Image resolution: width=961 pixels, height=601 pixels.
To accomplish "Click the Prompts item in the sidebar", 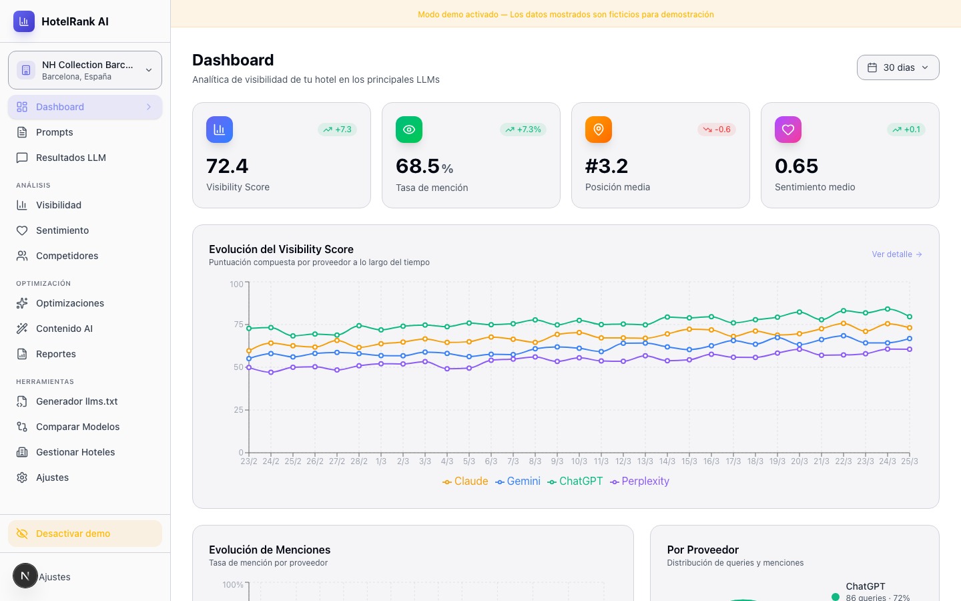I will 54,132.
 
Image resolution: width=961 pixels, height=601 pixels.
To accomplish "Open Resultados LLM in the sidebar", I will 70,158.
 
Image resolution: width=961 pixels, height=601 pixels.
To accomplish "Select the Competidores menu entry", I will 67,256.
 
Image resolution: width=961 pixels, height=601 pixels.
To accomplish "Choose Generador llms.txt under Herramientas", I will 76,401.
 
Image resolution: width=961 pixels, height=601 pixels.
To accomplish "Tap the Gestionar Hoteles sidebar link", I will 75,452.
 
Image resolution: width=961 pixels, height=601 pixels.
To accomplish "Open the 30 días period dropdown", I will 898,67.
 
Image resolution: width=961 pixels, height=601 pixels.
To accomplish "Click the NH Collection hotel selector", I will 85,70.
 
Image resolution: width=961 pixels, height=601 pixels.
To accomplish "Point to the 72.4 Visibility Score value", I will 227,166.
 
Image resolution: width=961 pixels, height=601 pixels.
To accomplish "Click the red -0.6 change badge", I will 717,130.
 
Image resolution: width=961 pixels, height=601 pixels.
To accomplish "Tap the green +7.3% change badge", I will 523,130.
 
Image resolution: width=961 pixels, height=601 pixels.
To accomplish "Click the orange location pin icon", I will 599,130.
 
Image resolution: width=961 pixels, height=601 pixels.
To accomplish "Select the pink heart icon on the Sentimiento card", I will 788,130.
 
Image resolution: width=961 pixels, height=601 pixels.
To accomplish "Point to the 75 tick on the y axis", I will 238,325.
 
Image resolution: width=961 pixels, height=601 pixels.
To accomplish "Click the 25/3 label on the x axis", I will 909,461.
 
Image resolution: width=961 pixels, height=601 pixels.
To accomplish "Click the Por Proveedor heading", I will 703,550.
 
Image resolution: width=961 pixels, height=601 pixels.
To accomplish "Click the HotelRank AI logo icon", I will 24,21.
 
